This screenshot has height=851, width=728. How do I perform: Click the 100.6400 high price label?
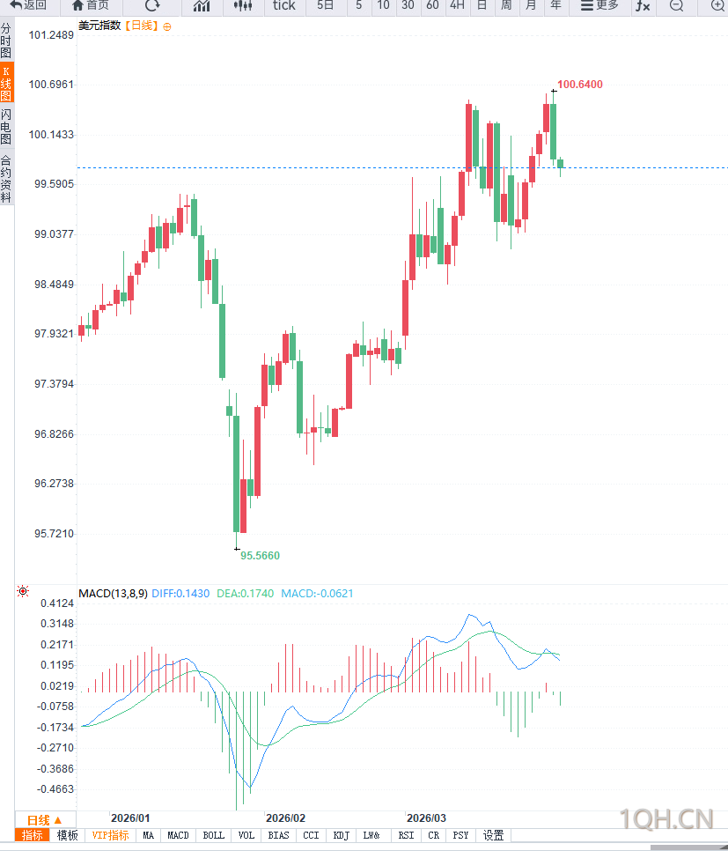pos(580,85)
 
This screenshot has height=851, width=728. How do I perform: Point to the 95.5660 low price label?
pos(260,556)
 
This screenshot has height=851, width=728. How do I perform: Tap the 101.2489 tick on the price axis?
pos(51,35)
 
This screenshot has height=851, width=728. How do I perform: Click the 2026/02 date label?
pos(285,818)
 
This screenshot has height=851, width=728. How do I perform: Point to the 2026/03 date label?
pos(426,818)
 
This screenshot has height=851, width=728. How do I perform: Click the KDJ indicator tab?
pos(341,835)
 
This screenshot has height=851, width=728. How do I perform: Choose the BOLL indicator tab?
pos(213,835)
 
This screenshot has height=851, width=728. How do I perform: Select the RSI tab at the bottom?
pos(406,835)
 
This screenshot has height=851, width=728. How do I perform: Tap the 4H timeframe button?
pos(457,5)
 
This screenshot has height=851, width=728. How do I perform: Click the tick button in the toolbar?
pos(284,5)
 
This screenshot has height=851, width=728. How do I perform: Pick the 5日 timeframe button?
pos(326,5)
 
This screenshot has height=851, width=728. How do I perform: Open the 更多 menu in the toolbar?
pos(599,5)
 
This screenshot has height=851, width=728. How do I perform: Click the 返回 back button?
pos(28,5)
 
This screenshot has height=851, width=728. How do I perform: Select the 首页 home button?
pos(91,5)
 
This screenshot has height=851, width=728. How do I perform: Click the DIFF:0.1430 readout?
pos(180,594)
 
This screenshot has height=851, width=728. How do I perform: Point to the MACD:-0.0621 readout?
pos(317,594)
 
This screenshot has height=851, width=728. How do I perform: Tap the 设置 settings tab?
pos(493,835)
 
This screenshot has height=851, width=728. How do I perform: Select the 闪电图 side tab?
pos(6,127)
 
